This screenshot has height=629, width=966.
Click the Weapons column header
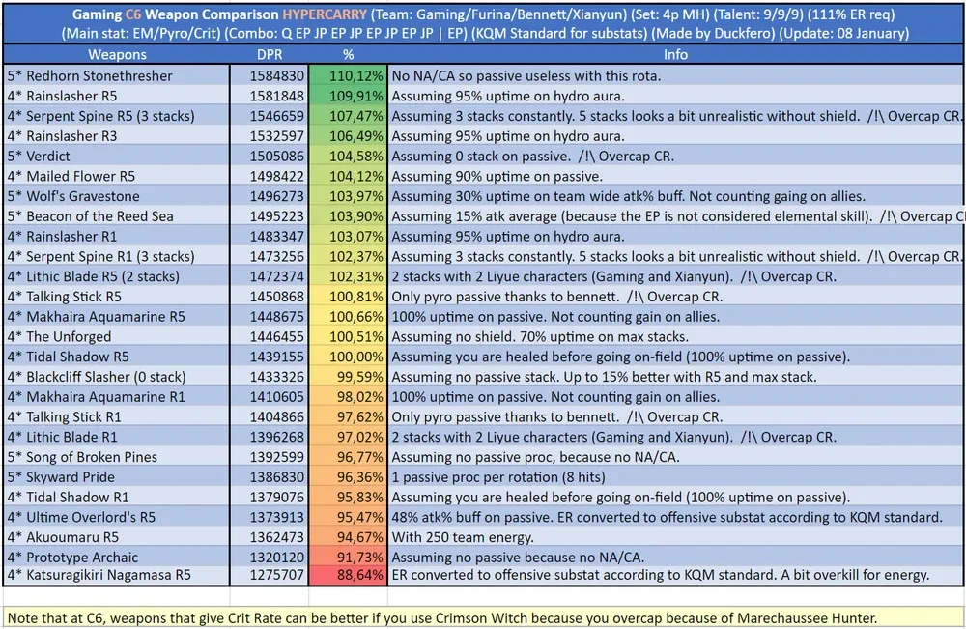[x=117, y=55]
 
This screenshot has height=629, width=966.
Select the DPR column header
[x=270, y=55]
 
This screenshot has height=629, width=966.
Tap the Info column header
[x=675, y=55]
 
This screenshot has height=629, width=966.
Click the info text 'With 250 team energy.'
[x=464, y=536]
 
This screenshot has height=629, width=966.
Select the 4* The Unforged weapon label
[x=59, y=336]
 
